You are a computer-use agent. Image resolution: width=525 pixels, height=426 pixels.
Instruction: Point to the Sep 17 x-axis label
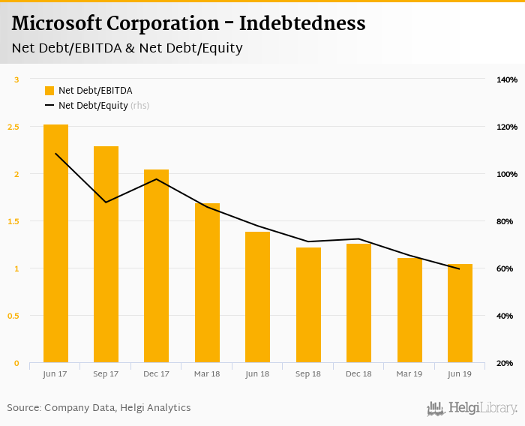106,373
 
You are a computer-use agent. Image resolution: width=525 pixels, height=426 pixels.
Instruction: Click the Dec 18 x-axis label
358,373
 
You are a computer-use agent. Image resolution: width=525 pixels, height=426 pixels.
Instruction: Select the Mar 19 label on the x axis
409,373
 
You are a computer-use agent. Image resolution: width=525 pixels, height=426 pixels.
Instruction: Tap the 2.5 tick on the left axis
13,127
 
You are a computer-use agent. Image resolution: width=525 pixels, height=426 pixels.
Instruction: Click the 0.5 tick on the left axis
13,316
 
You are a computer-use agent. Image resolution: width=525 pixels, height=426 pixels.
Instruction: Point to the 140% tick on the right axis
507,79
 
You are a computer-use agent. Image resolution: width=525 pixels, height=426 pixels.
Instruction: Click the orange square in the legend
49,91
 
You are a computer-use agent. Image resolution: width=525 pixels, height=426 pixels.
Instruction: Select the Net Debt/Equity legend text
93,106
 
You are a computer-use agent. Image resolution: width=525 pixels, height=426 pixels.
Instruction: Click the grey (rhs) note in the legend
139,106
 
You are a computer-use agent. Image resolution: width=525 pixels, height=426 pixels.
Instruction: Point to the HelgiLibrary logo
472,408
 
